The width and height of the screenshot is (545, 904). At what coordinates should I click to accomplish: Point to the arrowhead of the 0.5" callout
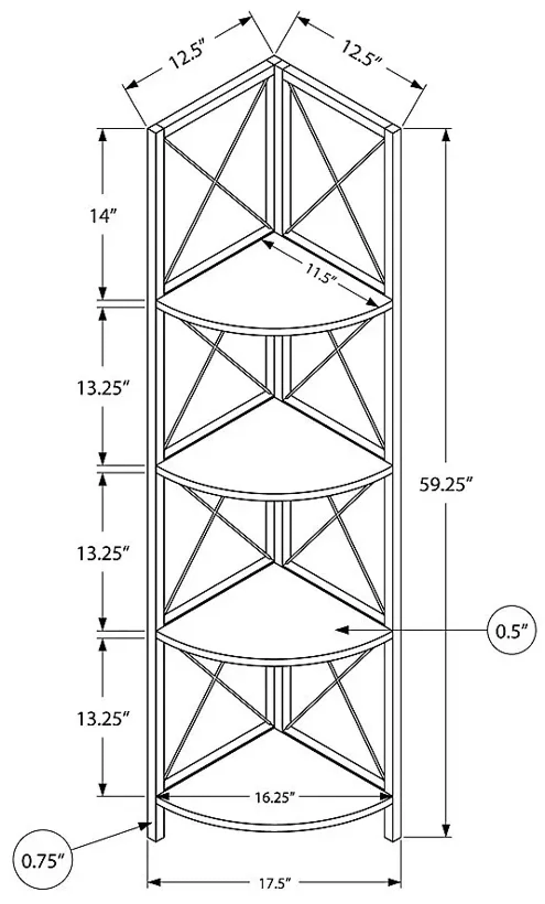coord(339,630)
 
